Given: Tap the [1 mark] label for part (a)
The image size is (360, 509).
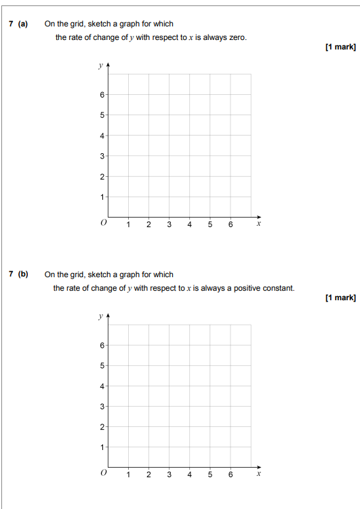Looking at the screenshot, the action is [x=340, y=47].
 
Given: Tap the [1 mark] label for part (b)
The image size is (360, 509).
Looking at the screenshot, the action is [x=340, y=298].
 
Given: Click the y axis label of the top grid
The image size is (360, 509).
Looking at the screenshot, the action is [x=100, y=66].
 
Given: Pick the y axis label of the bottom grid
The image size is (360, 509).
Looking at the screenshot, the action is [x=100, y=317].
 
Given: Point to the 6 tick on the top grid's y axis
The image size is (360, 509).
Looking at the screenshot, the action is [x=102, y=95].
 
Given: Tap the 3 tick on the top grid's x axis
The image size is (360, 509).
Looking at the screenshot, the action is [x=169, y=225].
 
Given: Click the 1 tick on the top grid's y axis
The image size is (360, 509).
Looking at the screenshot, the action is [x=102, y=197].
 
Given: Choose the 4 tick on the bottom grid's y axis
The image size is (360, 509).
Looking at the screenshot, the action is [x=102, y=386].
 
